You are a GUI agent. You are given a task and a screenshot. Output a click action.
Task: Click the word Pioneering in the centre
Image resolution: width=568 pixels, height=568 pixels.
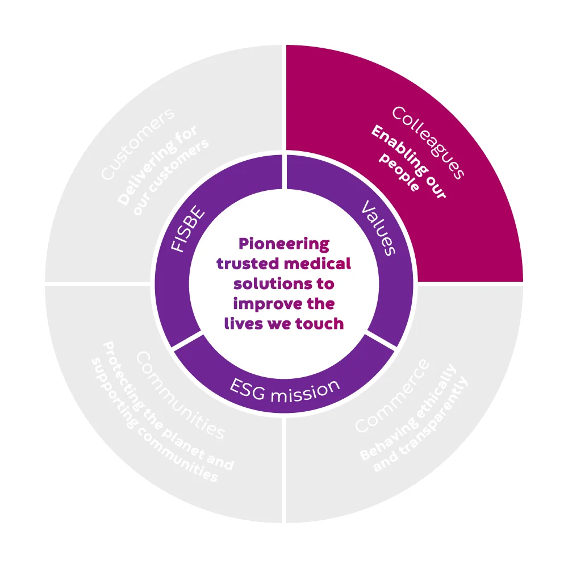[283, 245]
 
